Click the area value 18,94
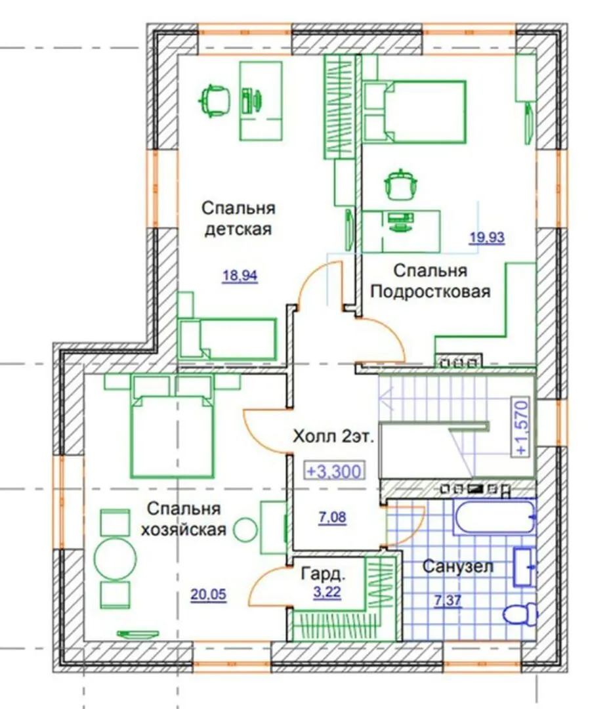click(240, 275)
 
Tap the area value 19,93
click(487, 237)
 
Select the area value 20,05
click(208, 594)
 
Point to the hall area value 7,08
click(332, 517)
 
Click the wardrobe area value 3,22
click(327, 591)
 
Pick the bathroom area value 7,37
click(448, 601)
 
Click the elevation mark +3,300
click(334, 471)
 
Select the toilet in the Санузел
click(520, 613)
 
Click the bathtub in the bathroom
click(495, 517)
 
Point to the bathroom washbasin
click(525, 567)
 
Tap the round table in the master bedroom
click(115, 559)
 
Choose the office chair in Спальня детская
click(214, 100)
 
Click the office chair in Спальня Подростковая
click(400, 184)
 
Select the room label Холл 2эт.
click(333, 437)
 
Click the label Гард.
click(324, 574)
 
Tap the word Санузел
click(457, 566)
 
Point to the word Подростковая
click(430, 291)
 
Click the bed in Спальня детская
click(227, 339)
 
